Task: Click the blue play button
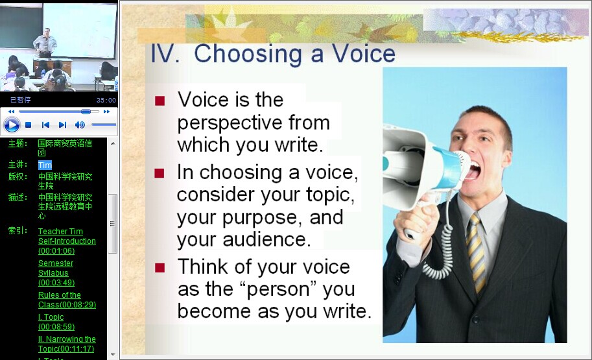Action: point(11,125)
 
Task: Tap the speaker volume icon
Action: point(80,125)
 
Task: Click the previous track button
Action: point(45,125)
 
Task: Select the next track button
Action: point(63,125)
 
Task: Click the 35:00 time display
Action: point(106,100)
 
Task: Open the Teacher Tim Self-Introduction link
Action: point(67,241)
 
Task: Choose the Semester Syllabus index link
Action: point(56,272)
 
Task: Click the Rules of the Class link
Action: point(67,300)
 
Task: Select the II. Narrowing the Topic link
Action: point(67,344)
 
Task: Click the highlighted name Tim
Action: point(45,165)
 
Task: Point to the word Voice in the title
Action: point(363,53)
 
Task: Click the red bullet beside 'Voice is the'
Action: point(160,101)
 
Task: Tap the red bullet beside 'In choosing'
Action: point(160,173)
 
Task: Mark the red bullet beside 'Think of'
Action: point(160,267)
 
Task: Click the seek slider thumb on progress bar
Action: point(86,112)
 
